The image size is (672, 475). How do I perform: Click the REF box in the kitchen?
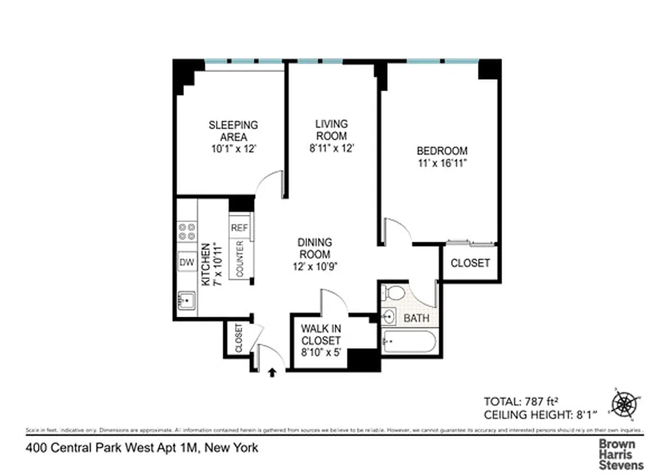[239, 228]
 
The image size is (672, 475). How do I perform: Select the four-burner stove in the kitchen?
[186, 231]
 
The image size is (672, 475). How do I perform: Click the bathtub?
[409, 343]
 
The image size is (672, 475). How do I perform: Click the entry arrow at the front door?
[272, 373]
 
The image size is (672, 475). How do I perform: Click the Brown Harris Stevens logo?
[620, 454]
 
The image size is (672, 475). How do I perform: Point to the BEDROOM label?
[442, 151]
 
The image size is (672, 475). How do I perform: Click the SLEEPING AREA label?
[233, 131]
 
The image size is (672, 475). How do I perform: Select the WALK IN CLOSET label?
[321, 334]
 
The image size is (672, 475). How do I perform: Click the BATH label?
[416, 318]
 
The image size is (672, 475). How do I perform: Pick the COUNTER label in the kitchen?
[240, 258]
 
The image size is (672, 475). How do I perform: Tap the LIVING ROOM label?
[331, 130]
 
